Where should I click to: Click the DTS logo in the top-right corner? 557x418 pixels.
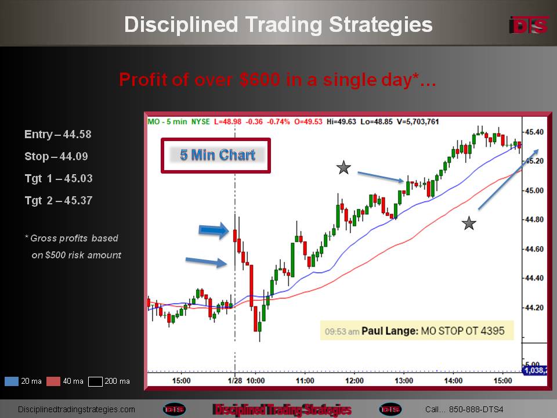(529, 25)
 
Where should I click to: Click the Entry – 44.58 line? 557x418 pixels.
(58, 134)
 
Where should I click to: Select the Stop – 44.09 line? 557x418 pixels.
(56, 156)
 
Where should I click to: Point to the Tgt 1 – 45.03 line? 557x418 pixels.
(59, 178)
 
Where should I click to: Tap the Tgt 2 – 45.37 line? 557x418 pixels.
(59, 200)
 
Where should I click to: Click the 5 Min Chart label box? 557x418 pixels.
(216, 156)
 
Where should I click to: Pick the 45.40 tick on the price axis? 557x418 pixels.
(534, 132)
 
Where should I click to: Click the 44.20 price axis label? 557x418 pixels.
(534, 308)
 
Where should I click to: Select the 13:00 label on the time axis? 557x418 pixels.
(404, 381)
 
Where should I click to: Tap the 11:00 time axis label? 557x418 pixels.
(305, 381)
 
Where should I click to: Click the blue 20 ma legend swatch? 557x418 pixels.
(12, 381)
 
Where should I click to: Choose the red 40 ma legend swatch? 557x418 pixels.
(53, 381)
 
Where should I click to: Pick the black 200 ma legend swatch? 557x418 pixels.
(95, 381)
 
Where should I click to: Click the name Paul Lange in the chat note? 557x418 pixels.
(390, 331)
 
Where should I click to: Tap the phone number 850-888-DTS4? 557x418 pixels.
(476, 409)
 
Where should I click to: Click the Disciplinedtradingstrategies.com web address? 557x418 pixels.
(77, 409)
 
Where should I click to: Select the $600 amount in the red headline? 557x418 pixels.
(260, 80)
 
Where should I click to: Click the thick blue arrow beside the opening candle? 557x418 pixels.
(214, 230)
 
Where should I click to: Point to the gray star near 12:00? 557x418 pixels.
(343, 167)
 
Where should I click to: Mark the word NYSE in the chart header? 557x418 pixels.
(200, 121)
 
